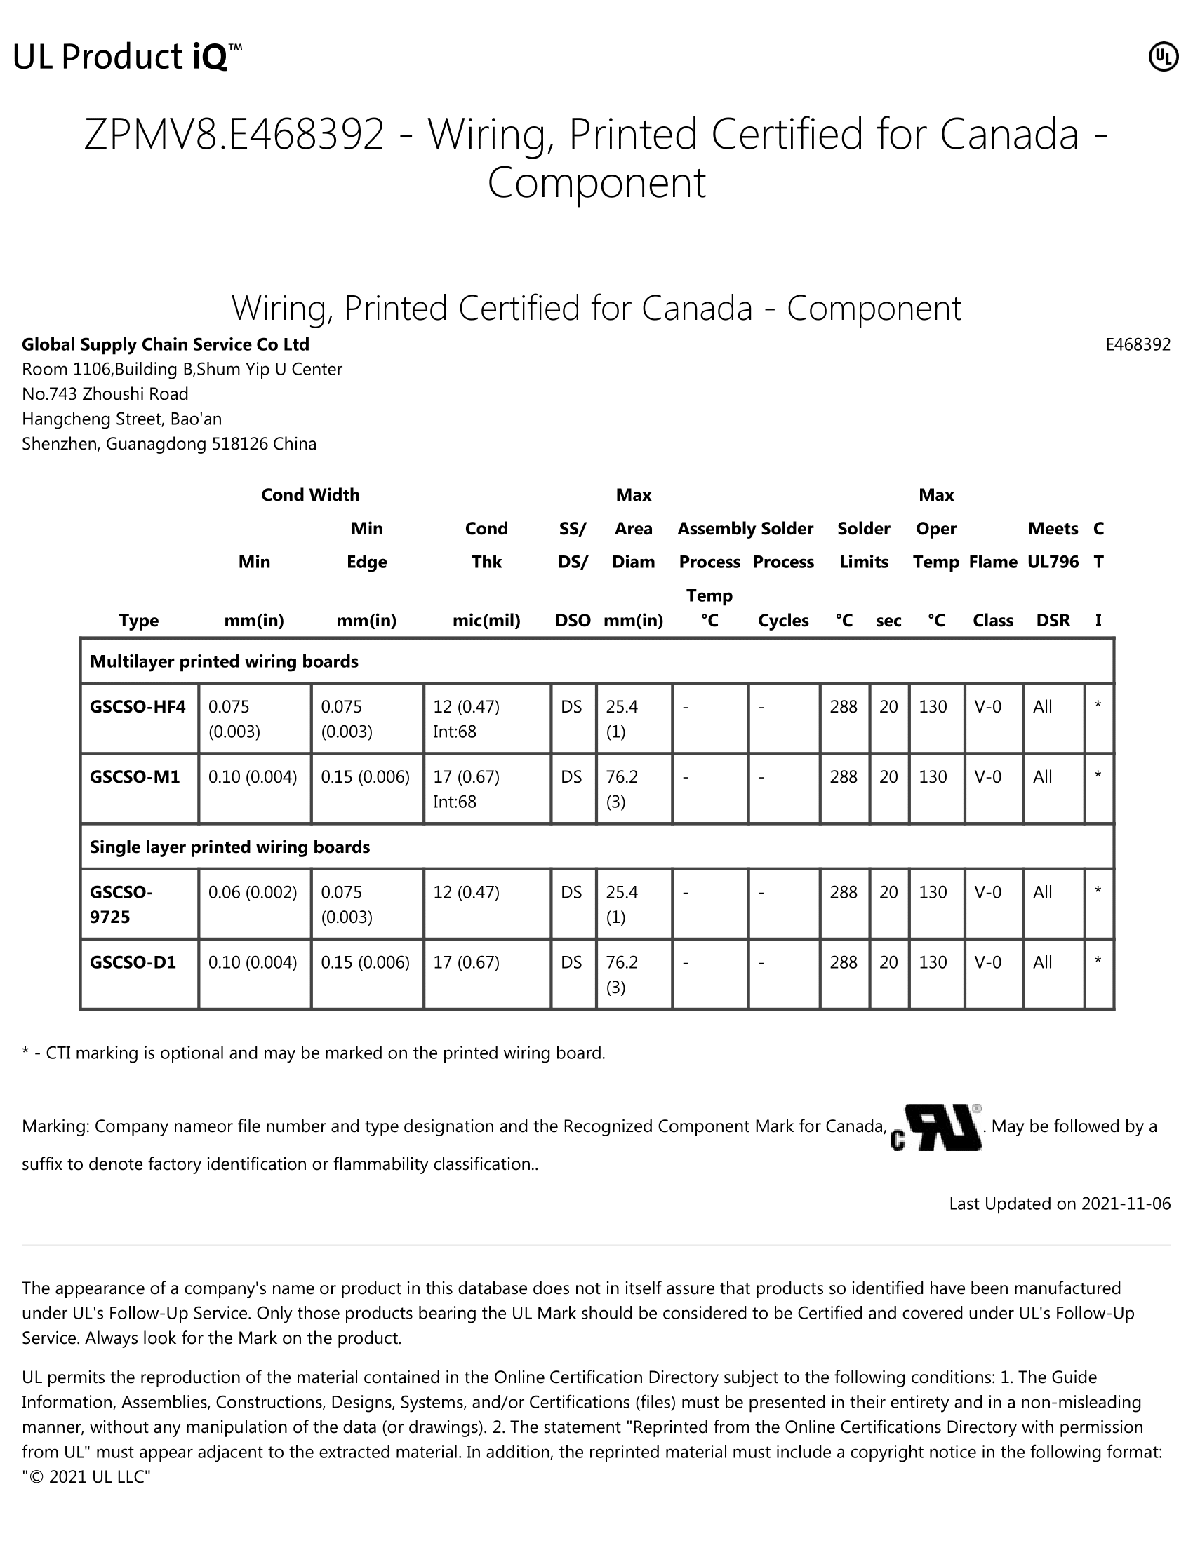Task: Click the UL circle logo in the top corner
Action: click(1163, 58)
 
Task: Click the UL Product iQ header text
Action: click(127, 58)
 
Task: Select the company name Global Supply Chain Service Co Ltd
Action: click(166, 345)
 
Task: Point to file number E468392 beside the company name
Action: click(1137, 345)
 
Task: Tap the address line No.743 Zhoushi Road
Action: click(105, 394)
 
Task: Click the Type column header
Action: click(138, 620)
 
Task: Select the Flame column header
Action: click(992, 562)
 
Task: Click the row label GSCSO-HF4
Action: click(138, 706)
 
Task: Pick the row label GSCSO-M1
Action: click(135, 776)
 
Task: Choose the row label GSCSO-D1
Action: click(133, 962)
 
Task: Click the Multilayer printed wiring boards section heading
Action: click(224, 661)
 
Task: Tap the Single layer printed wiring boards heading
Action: click(229, 847)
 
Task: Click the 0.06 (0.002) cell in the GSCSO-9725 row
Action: click(253, 892)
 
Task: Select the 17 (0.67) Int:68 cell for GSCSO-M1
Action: click(467, 788)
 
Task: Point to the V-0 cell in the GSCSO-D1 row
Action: click(987, 962)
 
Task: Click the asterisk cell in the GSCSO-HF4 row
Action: click(1098, 706)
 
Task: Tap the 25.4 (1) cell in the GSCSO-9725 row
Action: click(622, 904)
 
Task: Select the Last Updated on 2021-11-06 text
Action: click(1060, 1204)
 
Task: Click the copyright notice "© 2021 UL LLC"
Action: click(86, 1477)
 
